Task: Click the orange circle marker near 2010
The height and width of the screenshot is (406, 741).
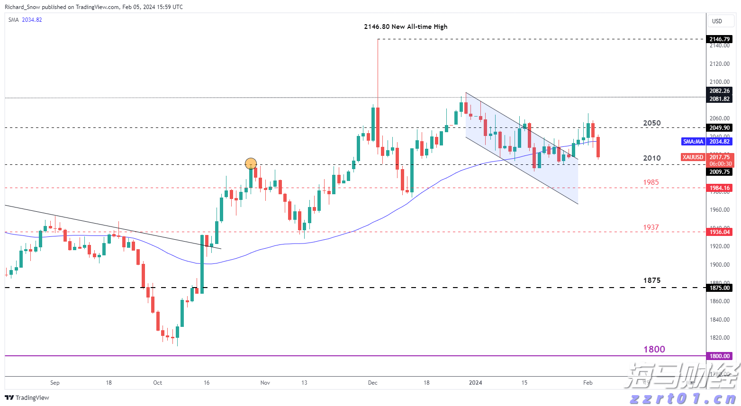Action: [x=251, y=164]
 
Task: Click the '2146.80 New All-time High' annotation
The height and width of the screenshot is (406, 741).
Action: [x=406, y=27]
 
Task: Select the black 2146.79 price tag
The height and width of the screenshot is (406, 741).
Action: [x=719, y=39]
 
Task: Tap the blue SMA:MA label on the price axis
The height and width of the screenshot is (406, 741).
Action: [x=693, y=142]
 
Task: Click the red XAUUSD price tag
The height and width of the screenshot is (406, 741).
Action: [x=693, y=157]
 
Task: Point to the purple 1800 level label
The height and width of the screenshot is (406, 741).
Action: [x=654, y=349]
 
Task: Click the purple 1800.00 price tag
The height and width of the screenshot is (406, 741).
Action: [x=719, y=356]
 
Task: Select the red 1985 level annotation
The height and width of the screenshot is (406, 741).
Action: [x=651, y=182]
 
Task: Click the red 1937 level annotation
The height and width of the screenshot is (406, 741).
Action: [x=651, y=227]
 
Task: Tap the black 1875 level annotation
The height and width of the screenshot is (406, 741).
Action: [x=651, y=280]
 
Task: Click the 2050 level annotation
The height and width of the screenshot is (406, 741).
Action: [x=651, y=123]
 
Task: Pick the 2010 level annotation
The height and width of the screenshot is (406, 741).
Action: [x=651, y=158]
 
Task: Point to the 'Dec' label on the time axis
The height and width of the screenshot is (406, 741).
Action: [x=373, y=383]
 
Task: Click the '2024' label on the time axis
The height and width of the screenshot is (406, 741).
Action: [x=475, y=383]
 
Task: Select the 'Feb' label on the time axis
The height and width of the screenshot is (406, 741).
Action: [x=587, y=383]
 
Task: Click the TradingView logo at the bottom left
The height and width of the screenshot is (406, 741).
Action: [x=27, y=397]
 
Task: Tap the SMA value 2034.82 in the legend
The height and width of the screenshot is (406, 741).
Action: [x=32, y=20]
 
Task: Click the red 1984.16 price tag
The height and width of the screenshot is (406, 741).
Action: [x=719, y=188]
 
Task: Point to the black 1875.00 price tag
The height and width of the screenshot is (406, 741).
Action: [x=719, y=288]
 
